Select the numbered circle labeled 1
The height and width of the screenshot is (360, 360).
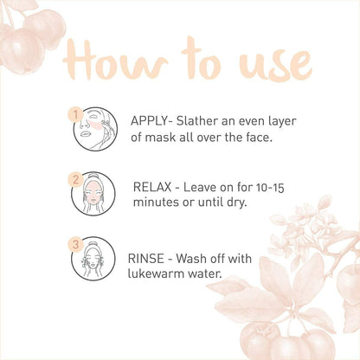click(75, 113)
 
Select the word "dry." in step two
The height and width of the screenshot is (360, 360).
click(235, 203)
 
